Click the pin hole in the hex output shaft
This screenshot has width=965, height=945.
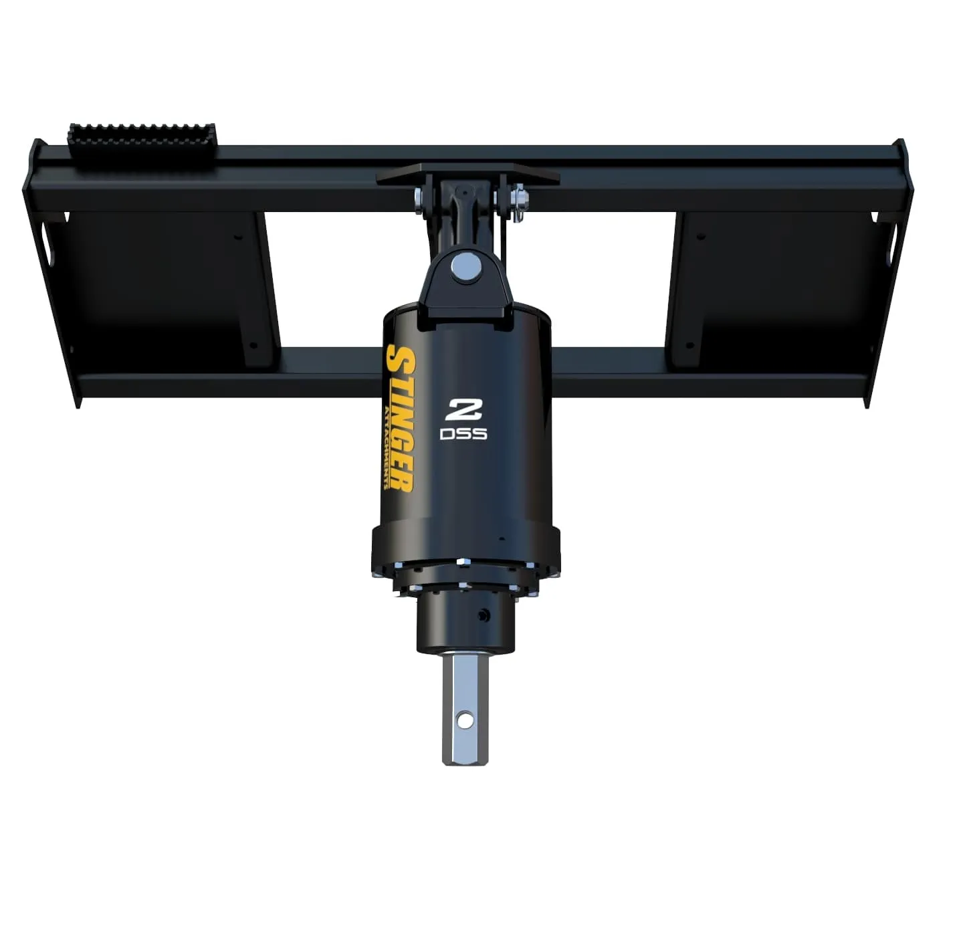pyautogui.click(x=462, y=720)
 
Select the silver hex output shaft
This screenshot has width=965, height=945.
pyautogui.click(x=462, y=709)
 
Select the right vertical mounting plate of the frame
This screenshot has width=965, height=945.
pyautogui.click(x=779, y=288)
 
